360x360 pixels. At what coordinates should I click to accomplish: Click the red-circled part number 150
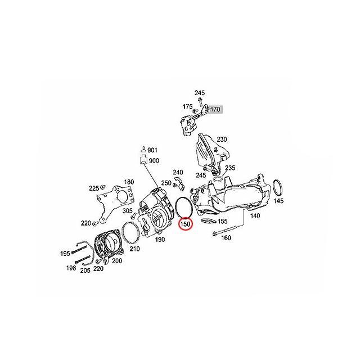(x=186, y=224)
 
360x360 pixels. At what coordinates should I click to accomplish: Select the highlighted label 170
(x=215, y=110)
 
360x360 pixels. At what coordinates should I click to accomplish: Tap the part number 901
(x=152, y=150)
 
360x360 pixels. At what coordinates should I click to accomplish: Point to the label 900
(x=154, y=161)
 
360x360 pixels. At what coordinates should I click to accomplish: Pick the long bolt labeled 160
(x=224, y=230)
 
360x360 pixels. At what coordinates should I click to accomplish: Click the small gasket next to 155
(x=209, y=221)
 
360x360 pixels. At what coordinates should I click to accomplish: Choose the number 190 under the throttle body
(x=160, y=240)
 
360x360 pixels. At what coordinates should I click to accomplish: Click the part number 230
(x=222, y=139)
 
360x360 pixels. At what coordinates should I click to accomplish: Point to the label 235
(x=230, y=168)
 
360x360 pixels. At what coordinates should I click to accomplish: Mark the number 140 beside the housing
(x=255, y=216)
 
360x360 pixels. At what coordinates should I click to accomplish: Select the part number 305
(x=128, y=210)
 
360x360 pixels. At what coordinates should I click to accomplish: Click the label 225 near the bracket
(x=94, y=188)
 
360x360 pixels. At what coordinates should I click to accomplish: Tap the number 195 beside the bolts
(x=65, y=254)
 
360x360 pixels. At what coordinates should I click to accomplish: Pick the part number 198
(x=71, y=268)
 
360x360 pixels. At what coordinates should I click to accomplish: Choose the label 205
(x=85, y=271)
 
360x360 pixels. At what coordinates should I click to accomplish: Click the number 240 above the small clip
(x=178, y=172)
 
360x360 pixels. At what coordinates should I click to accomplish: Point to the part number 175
(x=187, y=107)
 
